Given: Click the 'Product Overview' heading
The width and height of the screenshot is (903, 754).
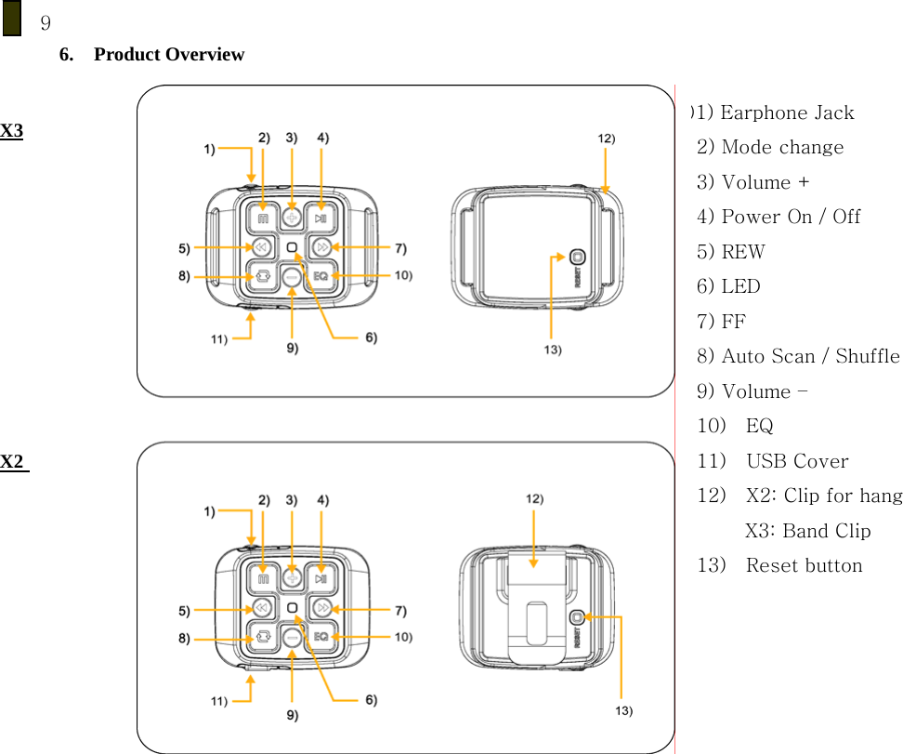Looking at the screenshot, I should pyautogui.click(x=168, y=55).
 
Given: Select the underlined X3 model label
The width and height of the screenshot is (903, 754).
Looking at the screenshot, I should pyautogui.click(x=12, y=130).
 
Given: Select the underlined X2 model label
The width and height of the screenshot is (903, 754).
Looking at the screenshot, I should pyautogui.click(x=14, y=462).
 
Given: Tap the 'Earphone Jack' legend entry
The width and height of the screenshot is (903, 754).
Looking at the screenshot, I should pyautogui.click(x=786, y=113).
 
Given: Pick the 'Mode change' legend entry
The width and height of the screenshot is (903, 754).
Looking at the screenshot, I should pyautogui.click(x=782, y=148).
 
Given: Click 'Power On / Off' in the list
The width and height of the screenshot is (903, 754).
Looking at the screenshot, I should pyautogui.click(x=791, y=217).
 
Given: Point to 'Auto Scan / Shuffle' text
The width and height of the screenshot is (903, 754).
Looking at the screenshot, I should pyautogui.click(x=810, y=356).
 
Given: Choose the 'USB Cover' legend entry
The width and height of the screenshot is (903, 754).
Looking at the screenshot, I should pyautogui.click(x=796, y=461).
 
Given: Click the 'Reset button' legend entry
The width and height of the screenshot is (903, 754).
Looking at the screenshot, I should pyautogui.click(x=804, y=565).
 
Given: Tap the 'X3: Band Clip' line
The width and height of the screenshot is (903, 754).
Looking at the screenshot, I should pyautogui.click(x=808, y=531).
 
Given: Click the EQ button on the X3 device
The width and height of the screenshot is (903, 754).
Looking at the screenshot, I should pyautogui.click(x=321, y=276).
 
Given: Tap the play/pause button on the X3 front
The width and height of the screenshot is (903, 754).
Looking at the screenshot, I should pyautogui.click(x=321, y=219).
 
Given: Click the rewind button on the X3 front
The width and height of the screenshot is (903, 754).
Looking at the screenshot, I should pyautogui.click(x=262, y=247).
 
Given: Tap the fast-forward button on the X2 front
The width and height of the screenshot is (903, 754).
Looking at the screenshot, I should pyautogui.click(x=321, y=608).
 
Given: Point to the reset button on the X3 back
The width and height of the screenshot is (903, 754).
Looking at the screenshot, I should pyautogui.click(x=577, y=258).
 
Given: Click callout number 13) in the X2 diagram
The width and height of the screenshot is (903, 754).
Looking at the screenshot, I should pyautogui.click(x=623, y=710).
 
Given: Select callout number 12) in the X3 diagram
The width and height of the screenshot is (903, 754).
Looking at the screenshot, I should pyautogui.click(x=605, y=138).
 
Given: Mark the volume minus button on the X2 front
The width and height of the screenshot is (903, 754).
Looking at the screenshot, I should pyautogui.click(x=292, y=637).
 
